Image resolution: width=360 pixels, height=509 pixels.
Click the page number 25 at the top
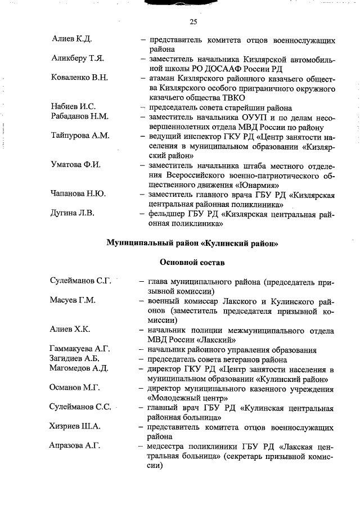[193, 22]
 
